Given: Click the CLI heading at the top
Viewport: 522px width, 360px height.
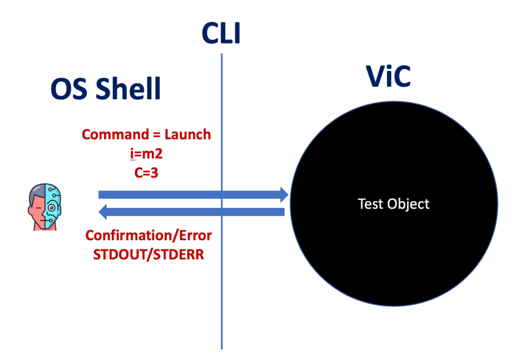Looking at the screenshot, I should [x=221, y=33].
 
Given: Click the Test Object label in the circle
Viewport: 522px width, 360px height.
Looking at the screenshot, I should [x=394, y=204].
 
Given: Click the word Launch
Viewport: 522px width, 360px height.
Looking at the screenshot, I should [x=188, y=135].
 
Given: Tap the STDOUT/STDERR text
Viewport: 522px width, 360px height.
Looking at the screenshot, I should [x=148, y=253].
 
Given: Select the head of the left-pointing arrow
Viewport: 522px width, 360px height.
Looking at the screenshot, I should [x=103, y=211].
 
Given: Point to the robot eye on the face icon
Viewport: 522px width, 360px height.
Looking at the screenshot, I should [x=51, y=208].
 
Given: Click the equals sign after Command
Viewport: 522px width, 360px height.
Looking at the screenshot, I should [x=154, y=135].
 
